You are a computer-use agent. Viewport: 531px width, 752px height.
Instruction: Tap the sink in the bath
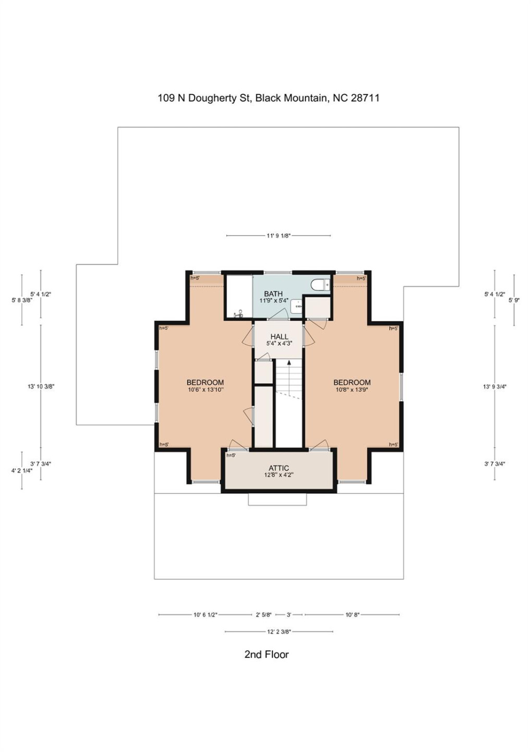296,307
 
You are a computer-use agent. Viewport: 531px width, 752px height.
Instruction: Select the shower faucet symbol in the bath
239,314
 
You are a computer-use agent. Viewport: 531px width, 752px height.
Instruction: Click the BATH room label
273,294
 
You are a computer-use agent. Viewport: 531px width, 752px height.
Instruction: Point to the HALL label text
279,337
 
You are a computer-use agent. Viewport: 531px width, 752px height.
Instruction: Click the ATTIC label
279,468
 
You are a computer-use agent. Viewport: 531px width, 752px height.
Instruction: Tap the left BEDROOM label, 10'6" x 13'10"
205,383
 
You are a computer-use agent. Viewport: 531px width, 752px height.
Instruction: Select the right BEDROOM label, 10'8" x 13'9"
352,383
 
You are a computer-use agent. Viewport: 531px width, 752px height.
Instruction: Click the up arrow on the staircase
289,362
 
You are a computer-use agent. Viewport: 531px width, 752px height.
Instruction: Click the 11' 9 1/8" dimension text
279,236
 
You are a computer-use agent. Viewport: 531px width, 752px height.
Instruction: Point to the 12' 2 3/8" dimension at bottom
279,632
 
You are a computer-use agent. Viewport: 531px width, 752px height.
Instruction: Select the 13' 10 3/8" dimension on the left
41,387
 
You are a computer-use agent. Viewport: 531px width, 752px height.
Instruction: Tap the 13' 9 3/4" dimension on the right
494,387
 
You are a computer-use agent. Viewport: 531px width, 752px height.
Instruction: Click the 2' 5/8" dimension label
263,615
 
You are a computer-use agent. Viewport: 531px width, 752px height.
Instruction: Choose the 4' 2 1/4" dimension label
22,471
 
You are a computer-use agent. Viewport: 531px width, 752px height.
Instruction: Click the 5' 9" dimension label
514,300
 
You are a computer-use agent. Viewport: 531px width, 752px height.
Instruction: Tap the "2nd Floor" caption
266,655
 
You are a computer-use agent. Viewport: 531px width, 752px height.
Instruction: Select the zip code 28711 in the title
365,98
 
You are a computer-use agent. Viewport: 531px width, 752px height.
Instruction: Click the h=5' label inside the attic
231,455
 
